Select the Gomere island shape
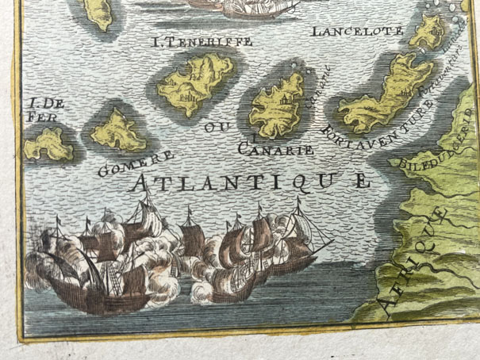tap(117, 131)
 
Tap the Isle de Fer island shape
tap(49, 144)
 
